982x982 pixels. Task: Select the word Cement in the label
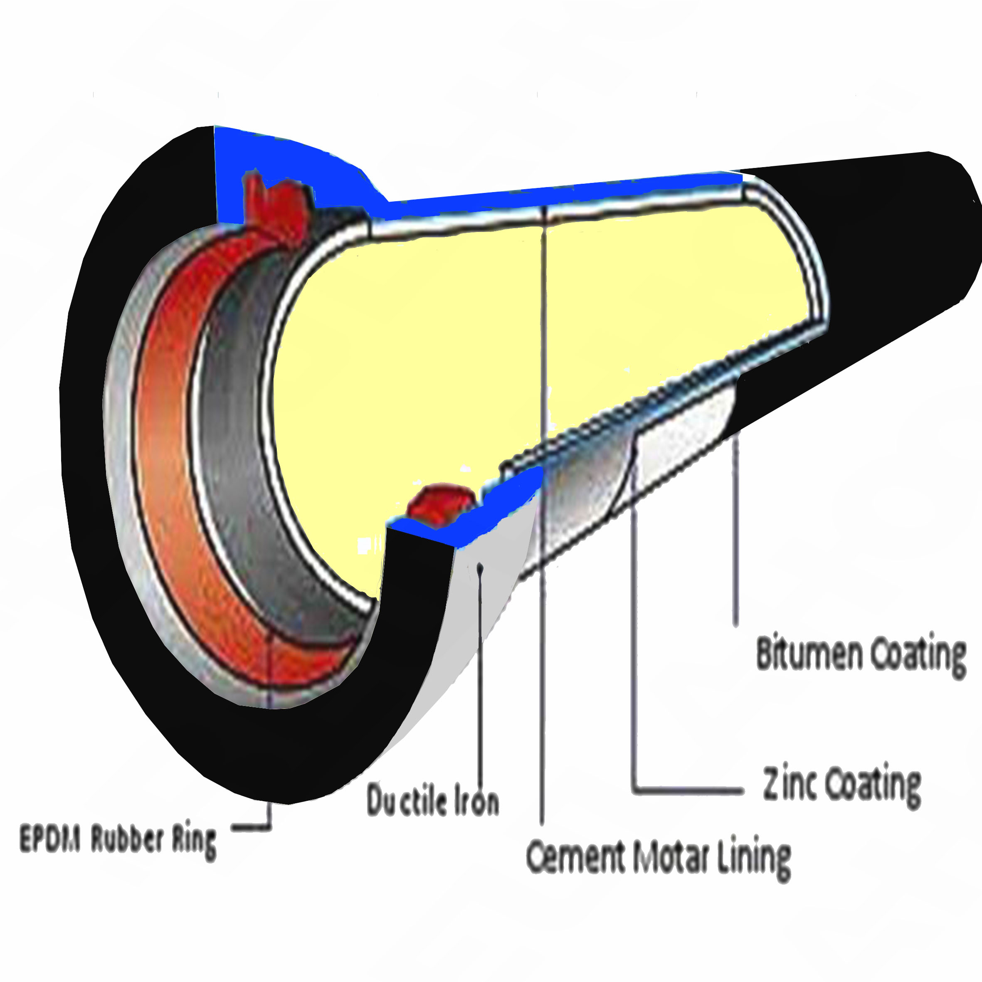coord(575,856)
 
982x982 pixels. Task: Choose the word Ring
coord(194,843)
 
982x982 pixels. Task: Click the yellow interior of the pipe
coord(432,356)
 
